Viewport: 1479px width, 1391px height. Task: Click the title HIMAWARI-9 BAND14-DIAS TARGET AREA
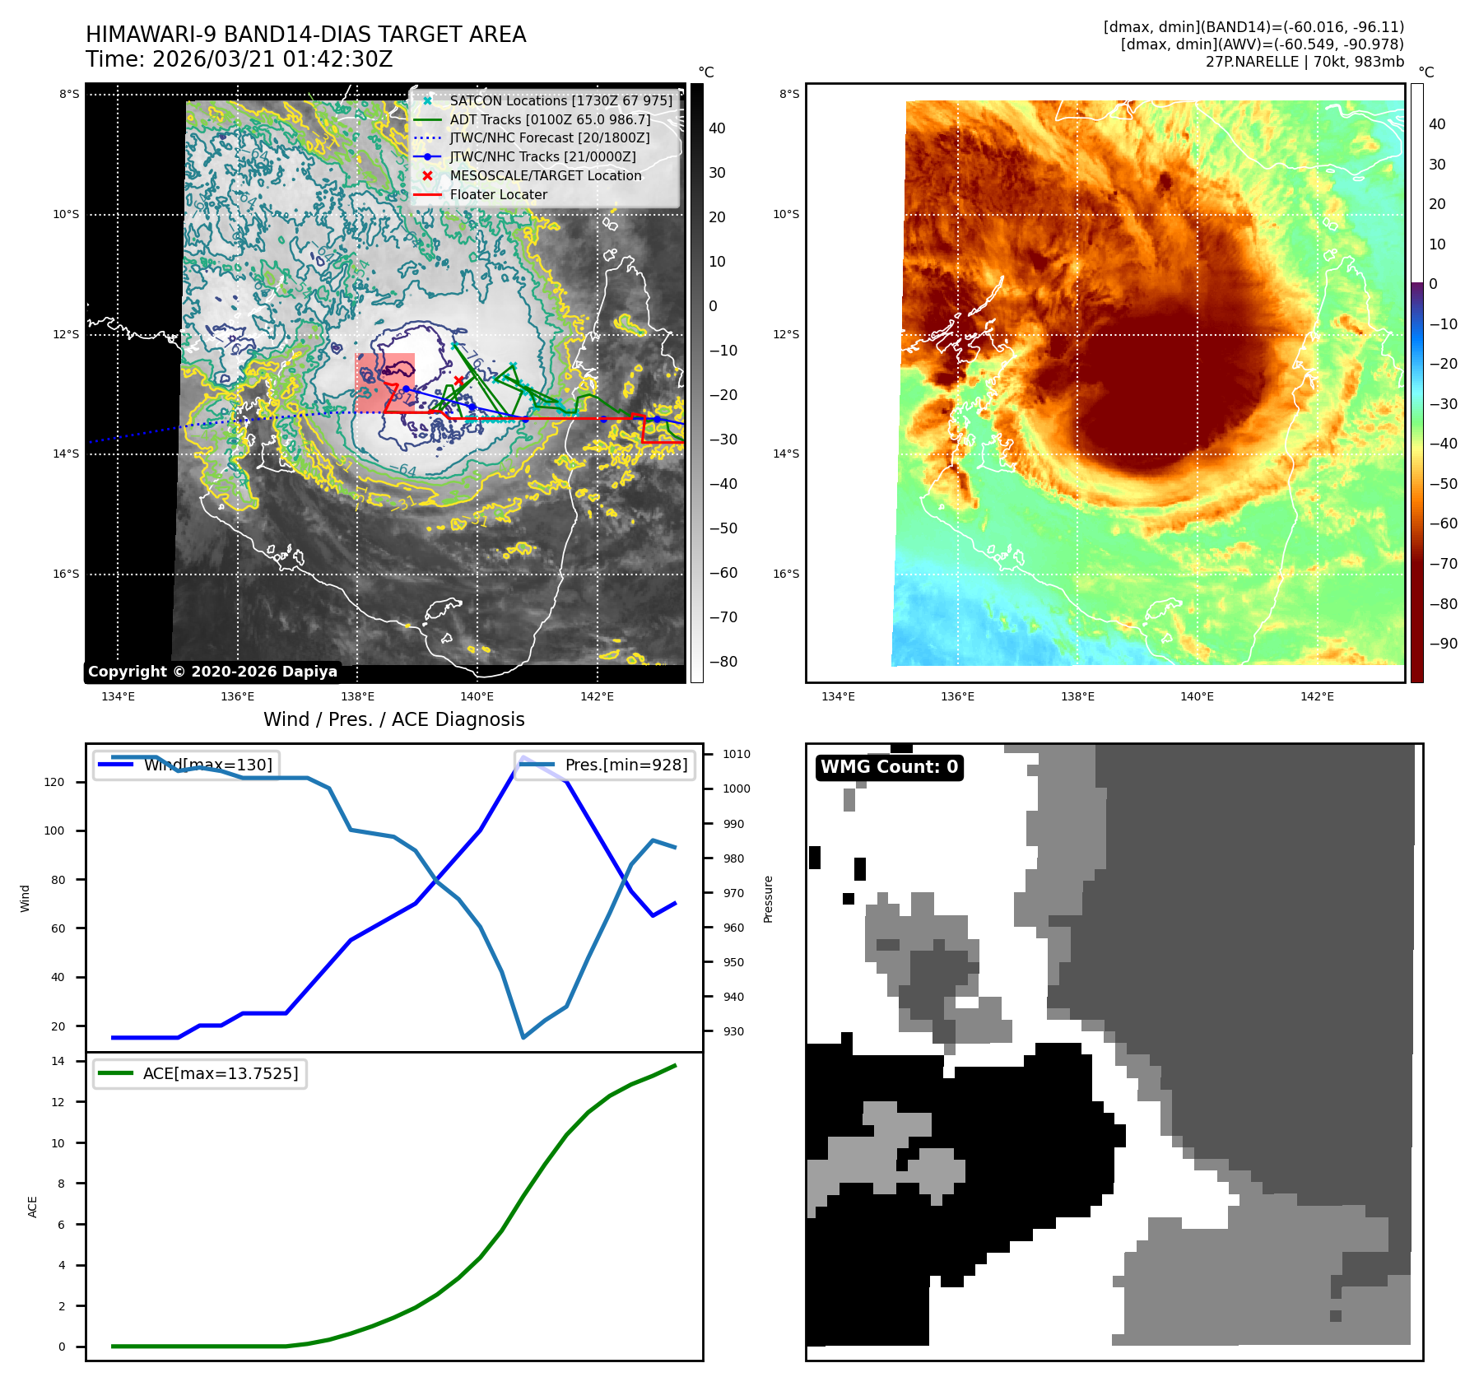305,35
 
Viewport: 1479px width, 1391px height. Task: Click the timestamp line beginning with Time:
239,60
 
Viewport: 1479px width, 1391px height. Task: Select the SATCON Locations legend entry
560,100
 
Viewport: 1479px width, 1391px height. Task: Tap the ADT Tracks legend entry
550,119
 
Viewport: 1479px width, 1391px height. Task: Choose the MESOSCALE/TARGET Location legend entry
545,175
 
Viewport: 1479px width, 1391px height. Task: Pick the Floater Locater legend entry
498,194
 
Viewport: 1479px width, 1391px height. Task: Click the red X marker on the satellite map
459,380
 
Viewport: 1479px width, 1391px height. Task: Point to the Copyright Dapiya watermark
212,672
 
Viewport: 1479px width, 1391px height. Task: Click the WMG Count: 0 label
889,767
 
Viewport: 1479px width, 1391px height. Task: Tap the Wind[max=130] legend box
187,765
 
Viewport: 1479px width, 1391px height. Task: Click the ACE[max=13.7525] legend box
199,1073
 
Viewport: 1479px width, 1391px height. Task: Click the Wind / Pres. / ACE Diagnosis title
393,719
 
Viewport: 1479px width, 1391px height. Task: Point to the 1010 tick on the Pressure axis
737,754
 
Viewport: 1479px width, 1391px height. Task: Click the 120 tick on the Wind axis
54,782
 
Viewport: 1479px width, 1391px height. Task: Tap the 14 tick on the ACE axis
58,1061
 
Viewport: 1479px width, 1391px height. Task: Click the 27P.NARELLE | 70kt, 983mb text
1305,62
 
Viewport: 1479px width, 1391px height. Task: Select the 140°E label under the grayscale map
477,696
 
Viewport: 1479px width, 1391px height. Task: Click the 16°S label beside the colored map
786,574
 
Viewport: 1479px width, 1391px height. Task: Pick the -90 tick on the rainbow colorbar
1444,644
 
